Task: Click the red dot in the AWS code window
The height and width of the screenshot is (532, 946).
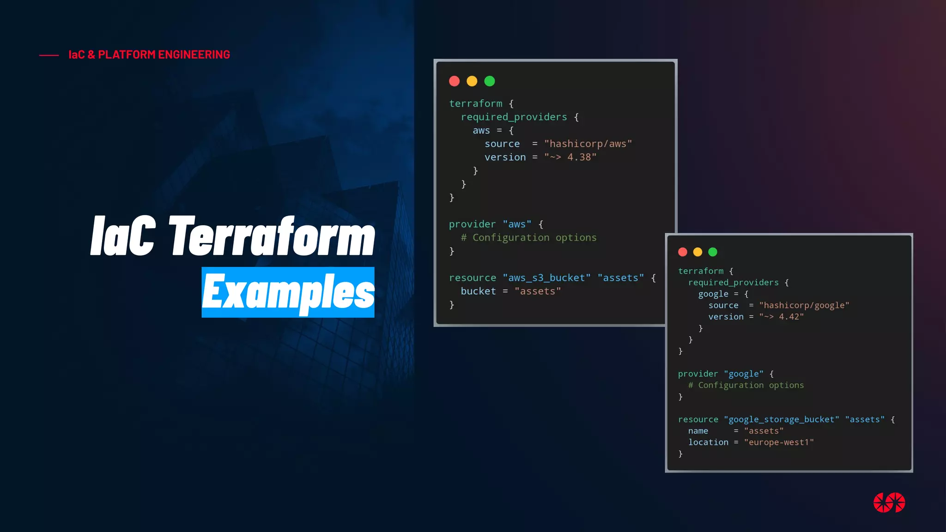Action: click(455, 81)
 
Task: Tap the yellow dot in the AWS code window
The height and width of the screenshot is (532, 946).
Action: click(472, 81)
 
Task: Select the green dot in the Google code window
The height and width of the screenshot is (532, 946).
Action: click(713, 252)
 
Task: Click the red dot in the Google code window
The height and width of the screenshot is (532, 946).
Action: click(683, 252)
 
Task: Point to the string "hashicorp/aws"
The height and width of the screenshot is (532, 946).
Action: click(588, 144)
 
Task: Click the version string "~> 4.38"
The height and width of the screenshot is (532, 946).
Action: click(570, 157)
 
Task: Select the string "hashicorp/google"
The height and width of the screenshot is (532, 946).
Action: click(804, 305)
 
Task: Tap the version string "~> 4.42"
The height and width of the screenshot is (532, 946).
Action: click(782, 317)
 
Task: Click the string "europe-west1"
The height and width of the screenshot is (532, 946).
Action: click(779, 442)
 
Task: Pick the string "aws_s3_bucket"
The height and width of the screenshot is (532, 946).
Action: click(546, 278)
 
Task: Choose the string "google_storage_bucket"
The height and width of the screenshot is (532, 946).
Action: click(782, 420)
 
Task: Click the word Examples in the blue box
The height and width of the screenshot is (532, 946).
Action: click(288, 292)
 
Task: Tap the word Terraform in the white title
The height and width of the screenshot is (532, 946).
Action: click(273, 236)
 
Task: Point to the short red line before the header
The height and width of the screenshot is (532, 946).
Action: click(49, 55)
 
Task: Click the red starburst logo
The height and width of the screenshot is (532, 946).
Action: click(889, 502)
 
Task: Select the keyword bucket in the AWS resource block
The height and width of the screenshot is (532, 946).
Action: click(478, 291)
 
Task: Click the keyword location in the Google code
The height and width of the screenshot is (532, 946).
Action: click(708, 442)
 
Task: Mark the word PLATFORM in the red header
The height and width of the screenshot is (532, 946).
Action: click(127, 55)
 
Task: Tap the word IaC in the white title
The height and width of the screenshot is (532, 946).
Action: click(123, 236)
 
